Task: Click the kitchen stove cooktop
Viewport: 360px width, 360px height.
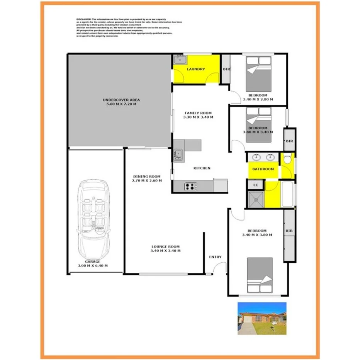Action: coord(190,187)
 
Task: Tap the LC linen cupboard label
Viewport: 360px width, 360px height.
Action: coord(255,185)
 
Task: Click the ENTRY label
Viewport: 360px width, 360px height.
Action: coord(215,257)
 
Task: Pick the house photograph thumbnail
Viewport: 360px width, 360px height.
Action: coord(262,318)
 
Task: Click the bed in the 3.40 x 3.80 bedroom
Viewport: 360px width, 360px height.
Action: coord(260,275)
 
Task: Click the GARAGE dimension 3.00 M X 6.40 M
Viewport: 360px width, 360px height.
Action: coord(93,266)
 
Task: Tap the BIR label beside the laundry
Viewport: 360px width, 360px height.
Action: coord(226,70)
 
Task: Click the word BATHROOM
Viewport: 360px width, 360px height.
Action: coord(263,169)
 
